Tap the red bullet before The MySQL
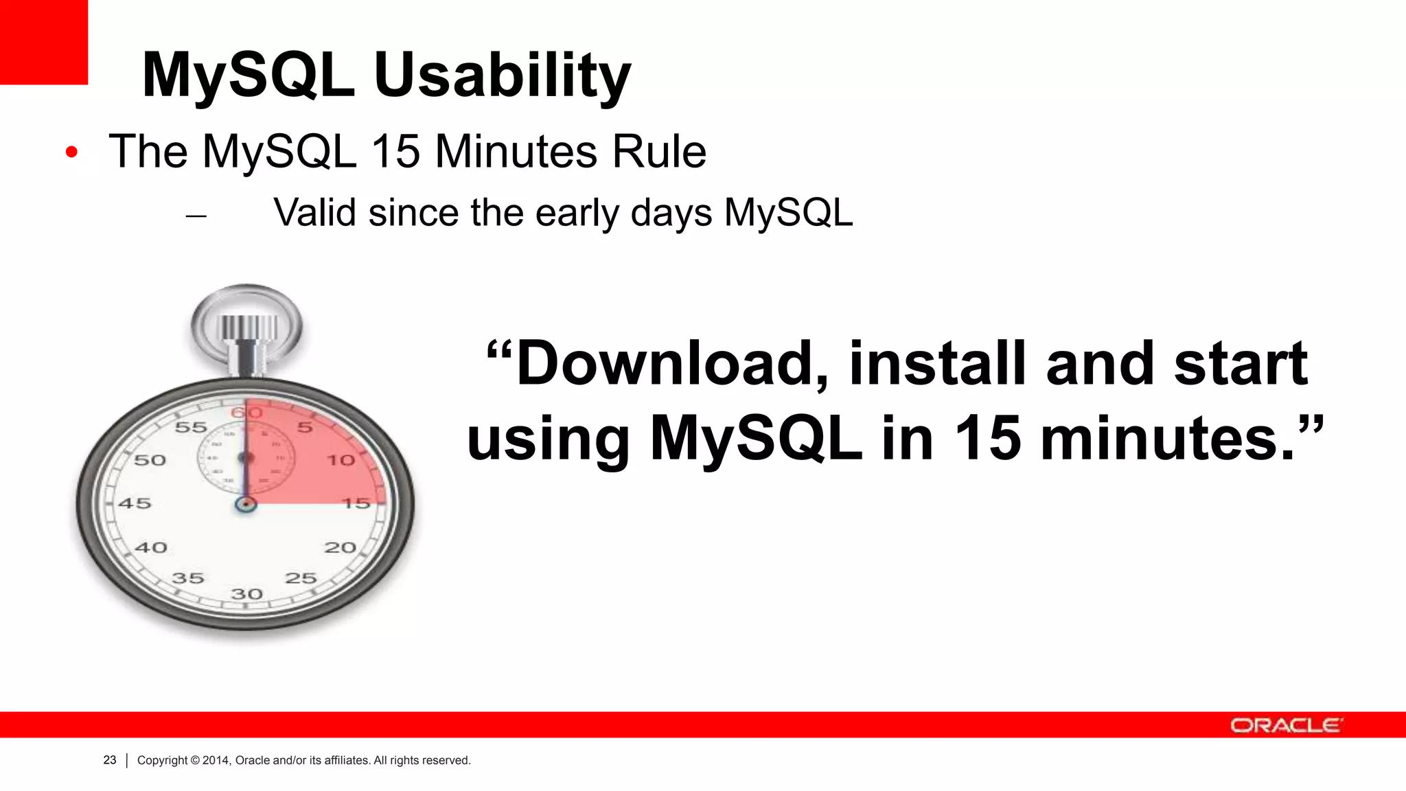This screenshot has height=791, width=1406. coord(71,152)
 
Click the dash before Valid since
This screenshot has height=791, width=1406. coord(196,216)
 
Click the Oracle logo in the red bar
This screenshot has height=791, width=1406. coord(1284,725)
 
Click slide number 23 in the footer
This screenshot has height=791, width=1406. coord(110,760)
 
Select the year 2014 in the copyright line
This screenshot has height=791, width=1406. coord(216,760)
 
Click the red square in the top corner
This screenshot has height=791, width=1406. coord(43,41)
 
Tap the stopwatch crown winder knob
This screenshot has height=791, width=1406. coord(248,327)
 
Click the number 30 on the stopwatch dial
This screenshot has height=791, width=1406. coord(246,594)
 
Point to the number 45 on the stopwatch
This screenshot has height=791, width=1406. coord(135,503)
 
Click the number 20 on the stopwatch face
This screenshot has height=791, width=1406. coord(340,548)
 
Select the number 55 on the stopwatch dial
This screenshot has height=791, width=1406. coord(191,428)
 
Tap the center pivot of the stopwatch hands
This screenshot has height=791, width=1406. coord(245,505)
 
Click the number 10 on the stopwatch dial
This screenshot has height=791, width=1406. coord(341,460)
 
